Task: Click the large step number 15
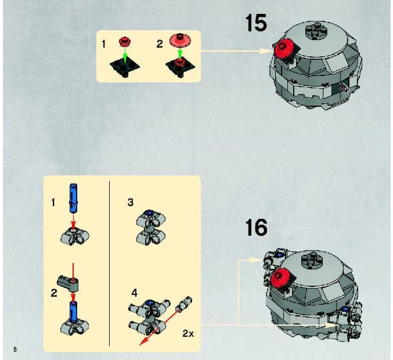coord(256,23)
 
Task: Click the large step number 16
coord(256,228)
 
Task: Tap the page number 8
coord(15,349)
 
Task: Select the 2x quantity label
coord(188,333)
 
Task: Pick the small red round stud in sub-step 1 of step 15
coord(125,41)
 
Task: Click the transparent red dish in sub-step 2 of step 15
coord(181,40)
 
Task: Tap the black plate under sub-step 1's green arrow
coord(125,67)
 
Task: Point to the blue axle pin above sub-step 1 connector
coord(73,199)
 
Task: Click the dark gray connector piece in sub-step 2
coord(68,283)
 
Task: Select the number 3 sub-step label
coord(131,202)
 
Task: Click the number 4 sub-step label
coord(135,293)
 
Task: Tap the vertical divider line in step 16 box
coord(110,263)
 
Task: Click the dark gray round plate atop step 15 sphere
coord(315,31)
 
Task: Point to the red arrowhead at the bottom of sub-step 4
coord(143,341)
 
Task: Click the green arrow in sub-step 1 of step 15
coord(125,55)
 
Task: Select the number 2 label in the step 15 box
coord(160,44)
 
